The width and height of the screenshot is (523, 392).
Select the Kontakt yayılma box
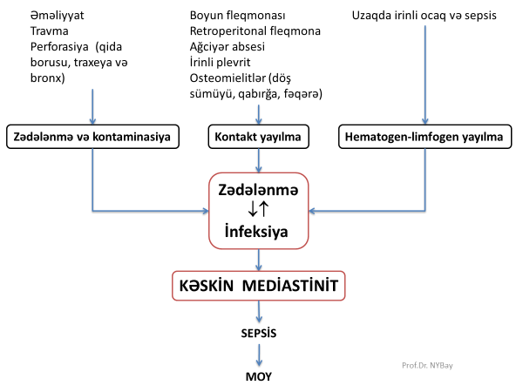click(x=257, y=137)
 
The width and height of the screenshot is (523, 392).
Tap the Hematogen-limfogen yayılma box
click(x=425, y=137)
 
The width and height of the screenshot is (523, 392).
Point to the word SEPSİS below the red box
click(x=259, y=334)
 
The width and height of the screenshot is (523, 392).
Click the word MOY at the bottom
click(x=259, y=378)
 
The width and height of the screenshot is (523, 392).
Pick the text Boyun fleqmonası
click(x=238, y=16)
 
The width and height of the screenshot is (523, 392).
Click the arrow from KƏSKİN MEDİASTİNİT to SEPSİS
click(x=259, y=313)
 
